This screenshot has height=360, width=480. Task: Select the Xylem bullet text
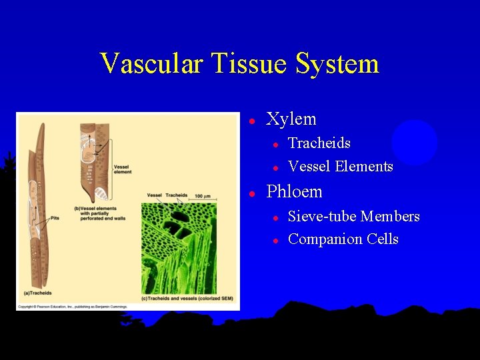click(291, 119)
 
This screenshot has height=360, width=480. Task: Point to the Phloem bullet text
click(294, 192)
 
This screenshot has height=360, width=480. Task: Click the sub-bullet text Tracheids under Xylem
click(319, 143)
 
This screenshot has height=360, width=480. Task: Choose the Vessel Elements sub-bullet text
click(340, 167)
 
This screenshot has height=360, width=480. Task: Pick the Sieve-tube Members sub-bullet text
click(353, 217)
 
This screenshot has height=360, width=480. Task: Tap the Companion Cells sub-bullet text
click(343, 239)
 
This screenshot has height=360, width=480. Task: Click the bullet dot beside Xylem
click(253, 121)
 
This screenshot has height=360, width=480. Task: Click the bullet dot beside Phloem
click(253, 193)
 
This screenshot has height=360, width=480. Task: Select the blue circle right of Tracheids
click(414, 142)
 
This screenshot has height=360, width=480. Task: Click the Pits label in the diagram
click(55, 217)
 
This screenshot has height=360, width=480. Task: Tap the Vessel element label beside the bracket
click(122, 169)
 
